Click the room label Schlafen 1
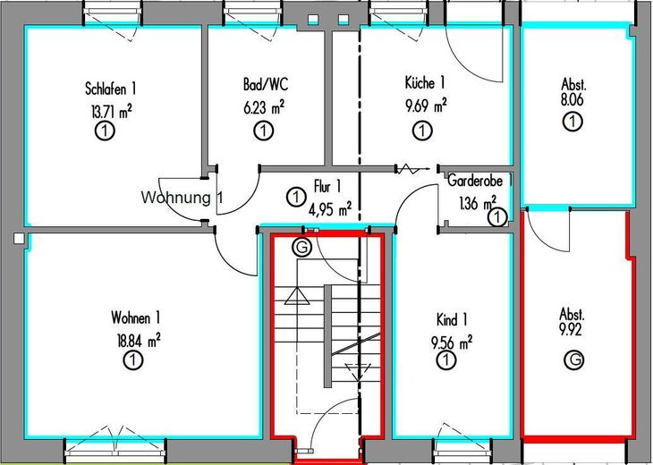(x=110, y=89)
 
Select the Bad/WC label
(x=265, y=86)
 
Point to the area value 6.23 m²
(x=264, y=107)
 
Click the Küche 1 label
(x=425, y=83)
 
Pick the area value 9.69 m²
(x=426, y=106)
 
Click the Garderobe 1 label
(x=480, y=179)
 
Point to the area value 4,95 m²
(x=329, y=210)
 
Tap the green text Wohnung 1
(x=182, y=197)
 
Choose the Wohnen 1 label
(x=135, y=318)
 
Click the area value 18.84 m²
(x=135, y=340)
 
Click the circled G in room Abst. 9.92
(x=572, y=359)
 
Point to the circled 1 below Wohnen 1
(x=131, y=361)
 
